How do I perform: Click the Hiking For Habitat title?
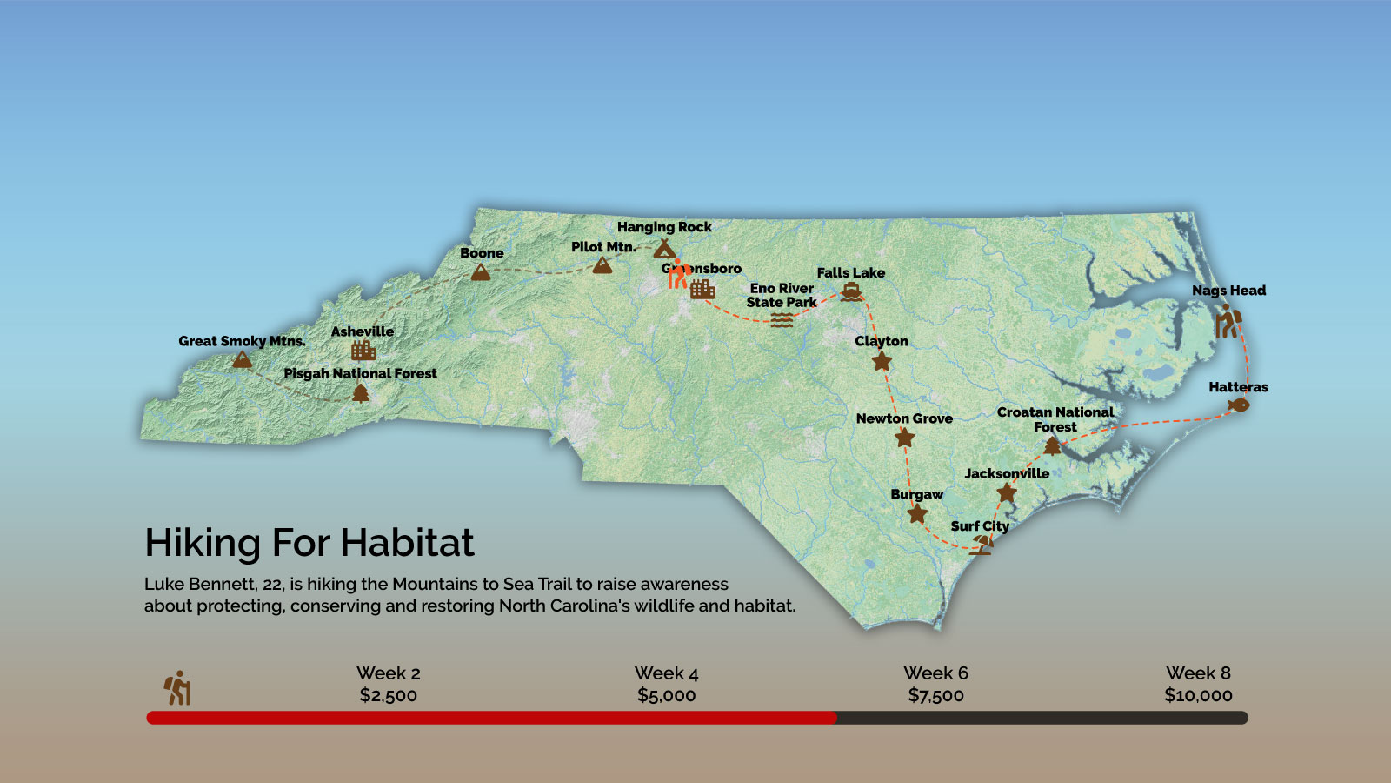coord(309,543)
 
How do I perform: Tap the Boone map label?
coord(482,253)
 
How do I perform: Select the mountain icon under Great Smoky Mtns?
coord(242,358)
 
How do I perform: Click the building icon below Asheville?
coord(363,351)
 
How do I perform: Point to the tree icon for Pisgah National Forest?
coord(361,393)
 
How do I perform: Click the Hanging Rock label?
coord(664,227)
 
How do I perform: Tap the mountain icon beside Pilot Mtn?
coord(602,265)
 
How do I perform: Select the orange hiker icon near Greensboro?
coord(678,274)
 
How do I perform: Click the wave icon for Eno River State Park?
coord(782,320)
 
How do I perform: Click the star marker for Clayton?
coord(882,361)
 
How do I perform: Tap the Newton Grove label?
coord(904,418)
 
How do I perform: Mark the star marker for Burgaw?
coord(916,514)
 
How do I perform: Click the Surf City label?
coord(980,526)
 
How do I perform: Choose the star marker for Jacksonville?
coord(1007,493)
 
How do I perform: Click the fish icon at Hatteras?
coord(1238,405)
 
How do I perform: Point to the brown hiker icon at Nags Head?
coord(1227,322)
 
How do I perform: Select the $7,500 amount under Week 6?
coord(935,695)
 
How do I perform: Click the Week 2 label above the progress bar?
coord(388,673)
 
